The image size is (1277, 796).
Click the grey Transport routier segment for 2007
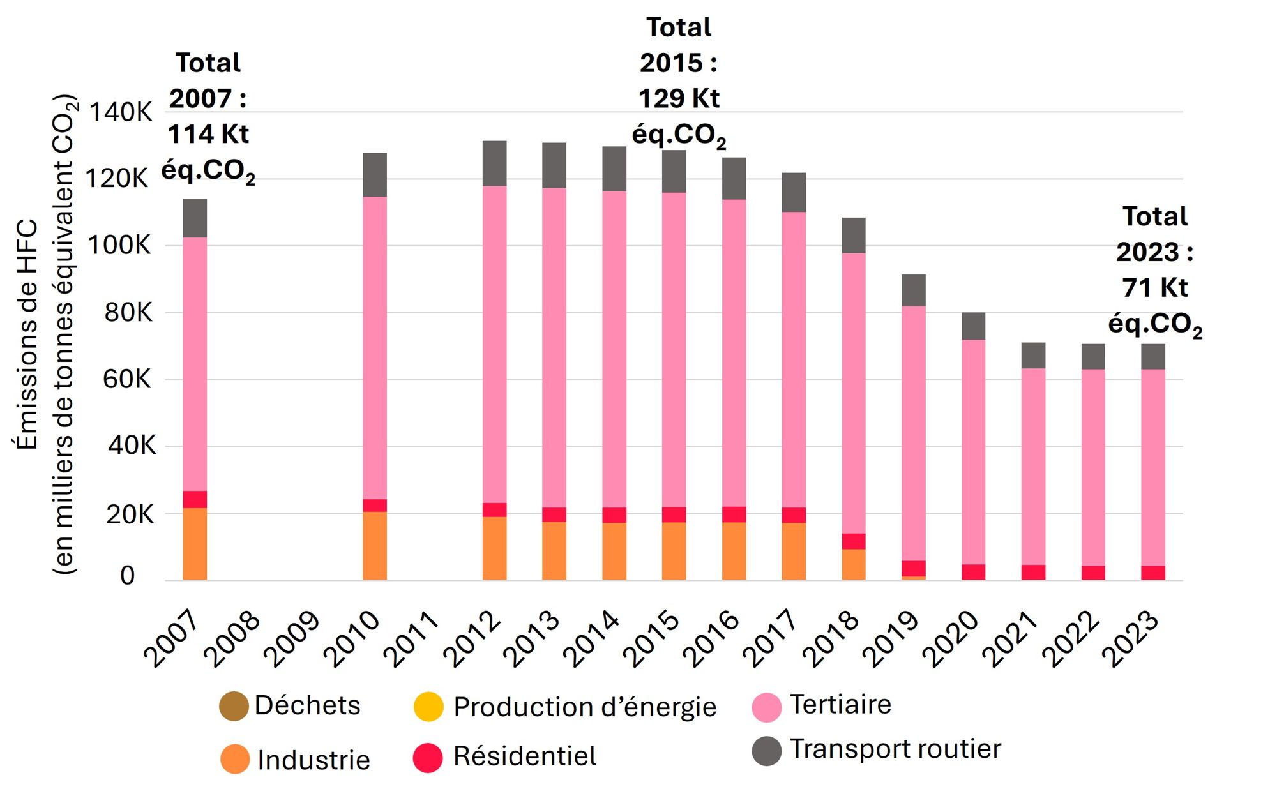pos(195,218)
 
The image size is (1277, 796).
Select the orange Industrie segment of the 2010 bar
pos(375,546)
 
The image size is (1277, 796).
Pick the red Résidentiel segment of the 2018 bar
pos(854,541)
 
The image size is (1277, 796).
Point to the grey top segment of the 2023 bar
pos(1152,356)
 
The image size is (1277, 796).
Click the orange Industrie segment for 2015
pos(674,551)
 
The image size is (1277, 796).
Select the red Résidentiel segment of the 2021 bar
pos(1033,572)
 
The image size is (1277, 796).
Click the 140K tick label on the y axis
pos(121,112)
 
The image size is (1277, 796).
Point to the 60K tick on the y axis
pos(127,379)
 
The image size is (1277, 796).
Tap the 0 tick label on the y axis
pos(128,575)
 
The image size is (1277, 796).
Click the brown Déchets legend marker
pos(234,706)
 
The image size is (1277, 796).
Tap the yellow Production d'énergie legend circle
pos(428,706)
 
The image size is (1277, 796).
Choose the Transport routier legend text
pos(895,749)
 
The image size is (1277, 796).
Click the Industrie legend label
pos(314,760)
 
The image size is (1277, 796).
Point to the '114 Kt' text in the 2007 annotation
pos(208,134)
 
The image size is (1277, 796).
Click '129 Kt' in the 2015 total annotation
pos(679,98)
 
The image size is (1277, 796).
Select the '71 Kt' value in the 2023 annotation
pos(1154,287)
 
